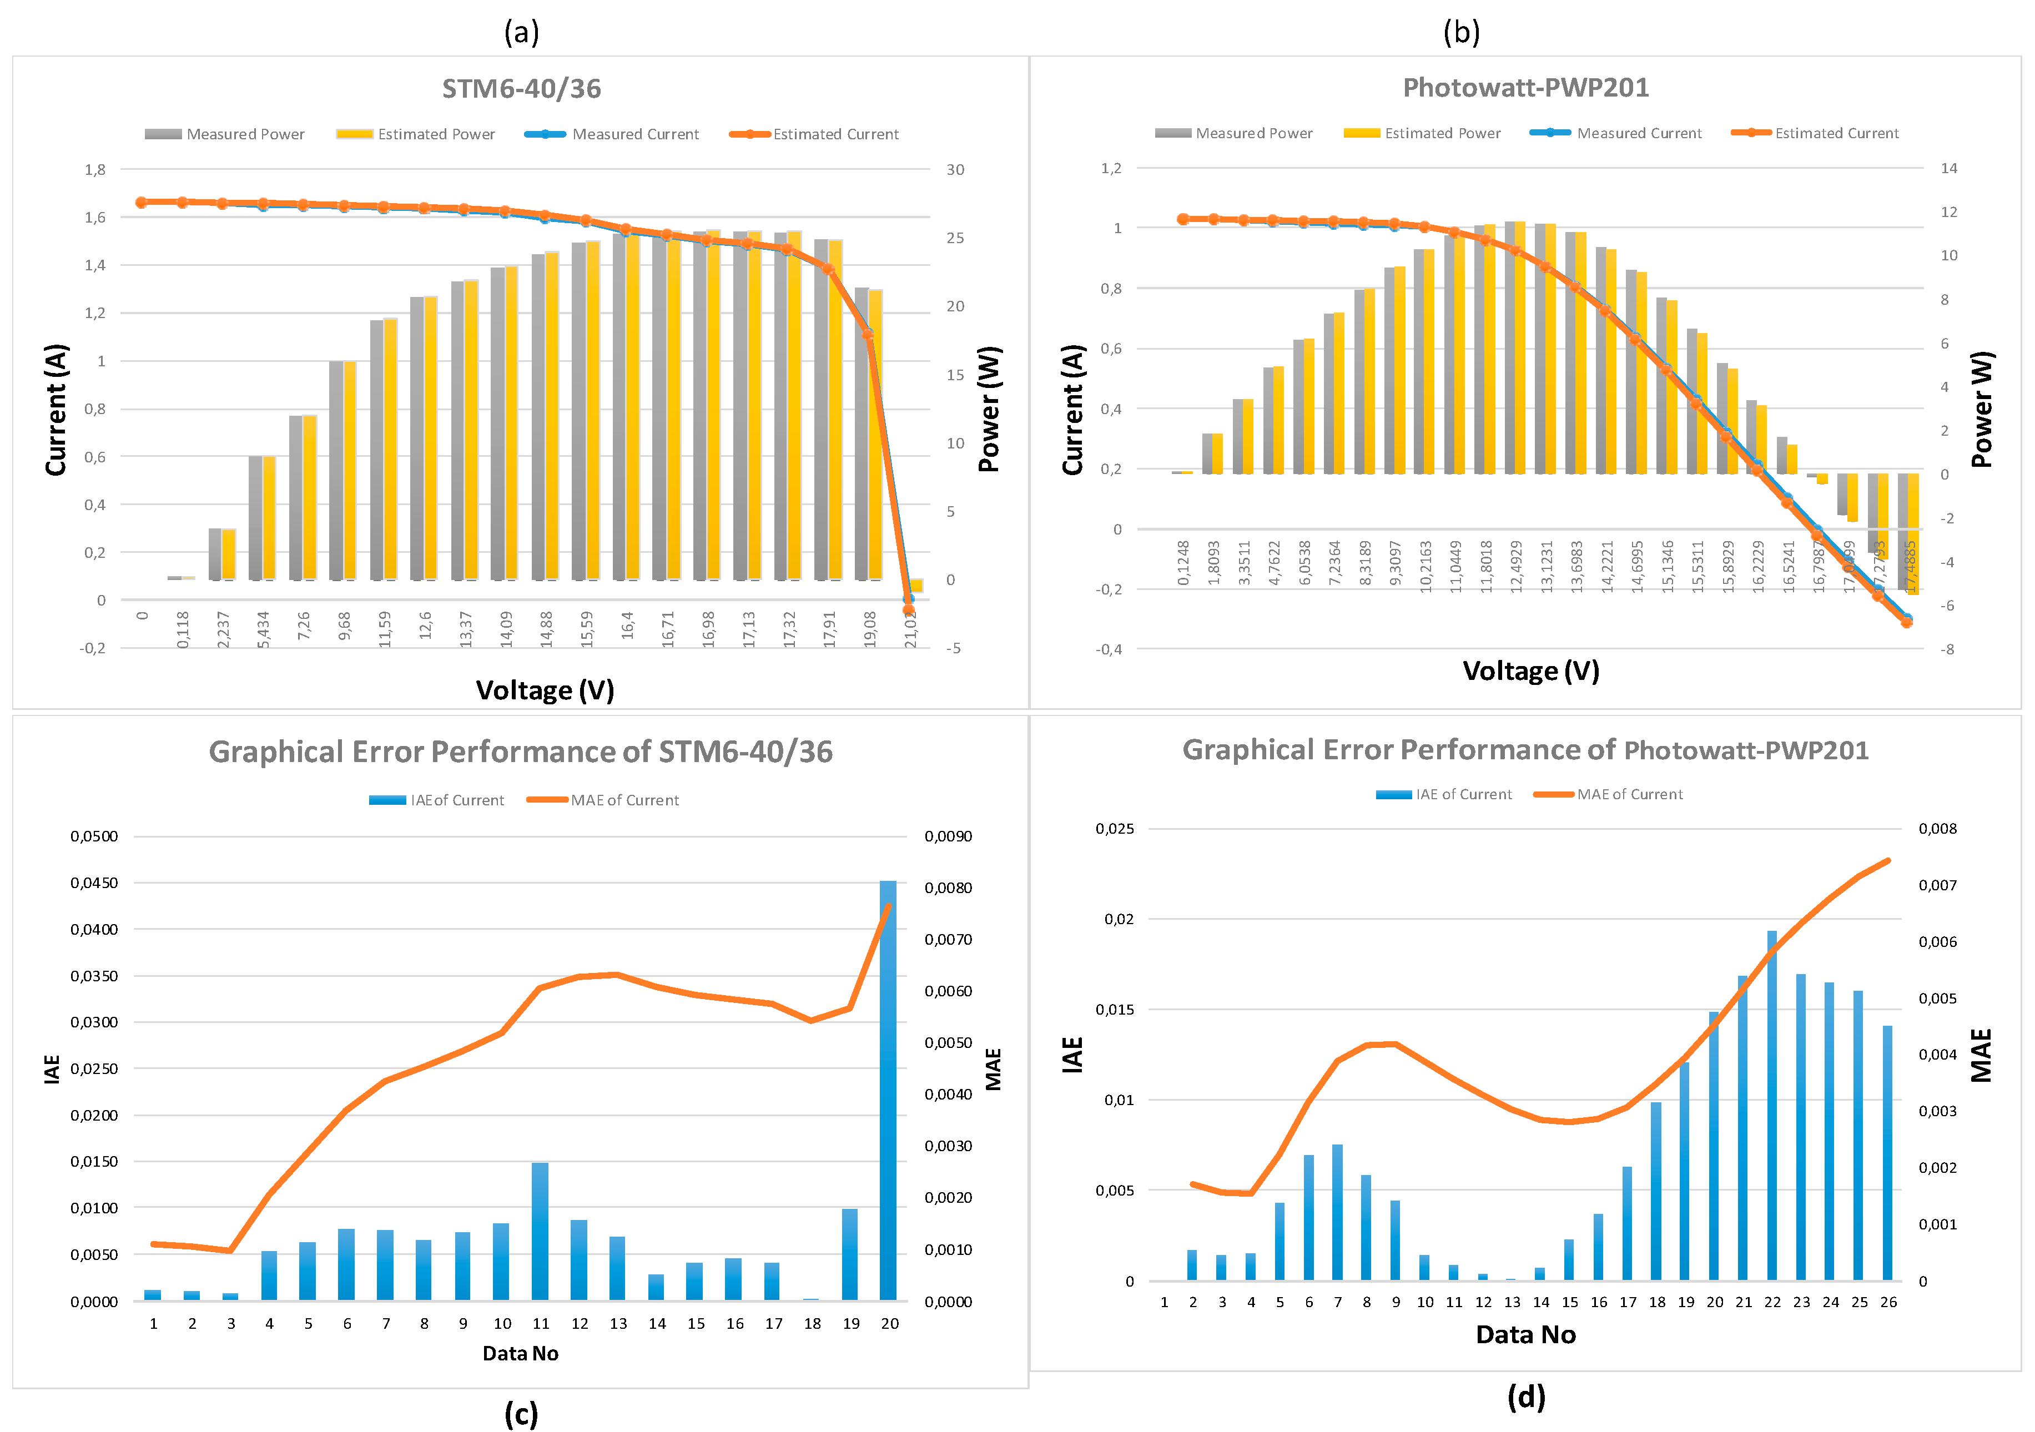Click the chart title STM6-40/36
521,89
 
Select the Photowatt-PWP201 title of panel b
1525,88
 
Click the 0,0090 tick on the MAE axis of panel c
948,836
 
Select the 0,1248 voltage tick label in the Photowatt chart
1184,563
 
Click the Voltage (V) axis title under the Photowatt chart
1530,671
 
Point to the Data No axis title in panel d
1525,1334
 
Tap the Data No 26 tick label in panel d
1889,1302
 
